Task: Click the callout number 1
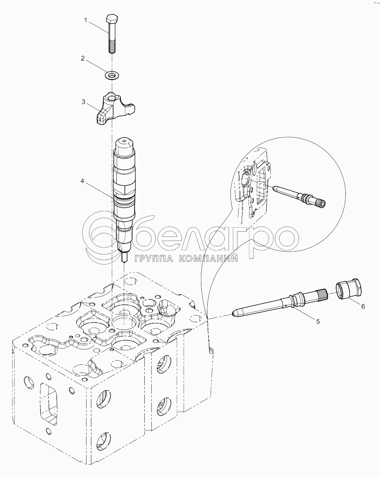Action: click(x=85, y=20)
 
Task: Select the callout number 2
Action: click(x=82, y=58)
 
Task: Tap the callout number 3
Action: click(x=84, y=102)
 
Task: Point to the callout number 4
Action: click(x=82, y=181)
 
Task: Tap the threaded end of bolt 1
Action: click(x=112, y=46)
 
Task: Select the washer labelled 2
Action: click(x=112, y=75)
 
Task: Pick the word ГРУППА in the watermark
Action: click(x=154, y=258)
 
